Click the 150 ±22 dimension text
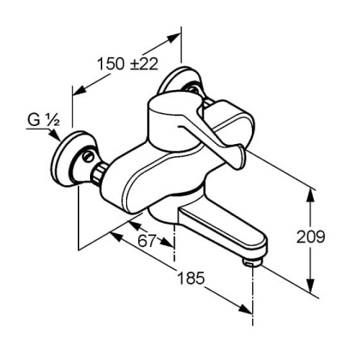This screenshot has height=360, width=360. tap(127, 64)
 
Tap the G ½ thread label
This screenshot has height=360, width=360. tap(43, 120)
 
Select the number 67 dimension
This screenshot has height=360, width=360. tap(147, 240)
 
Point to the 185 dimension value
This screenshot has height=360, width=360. tap(191, 278)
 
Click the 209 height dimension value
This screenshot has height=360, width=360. tap(310, 237)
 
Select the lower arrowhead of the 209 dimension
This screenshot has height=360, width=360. tap(311, 286)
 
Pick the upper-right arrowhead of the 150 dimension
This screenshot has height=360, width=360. tap(174, 38)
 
